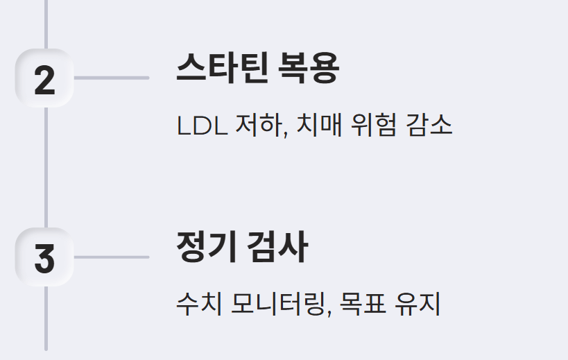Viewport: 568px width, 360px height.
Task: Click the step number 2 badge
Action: tap(44, 79)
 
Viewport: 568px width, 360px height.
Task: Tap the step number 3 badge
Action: tap(44, 257)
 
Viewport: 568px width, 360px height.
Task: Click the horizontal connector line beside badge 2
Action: tap(111, 78)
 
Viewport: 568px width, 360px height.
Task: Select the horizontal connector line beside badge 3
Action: tap(111, 257)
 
